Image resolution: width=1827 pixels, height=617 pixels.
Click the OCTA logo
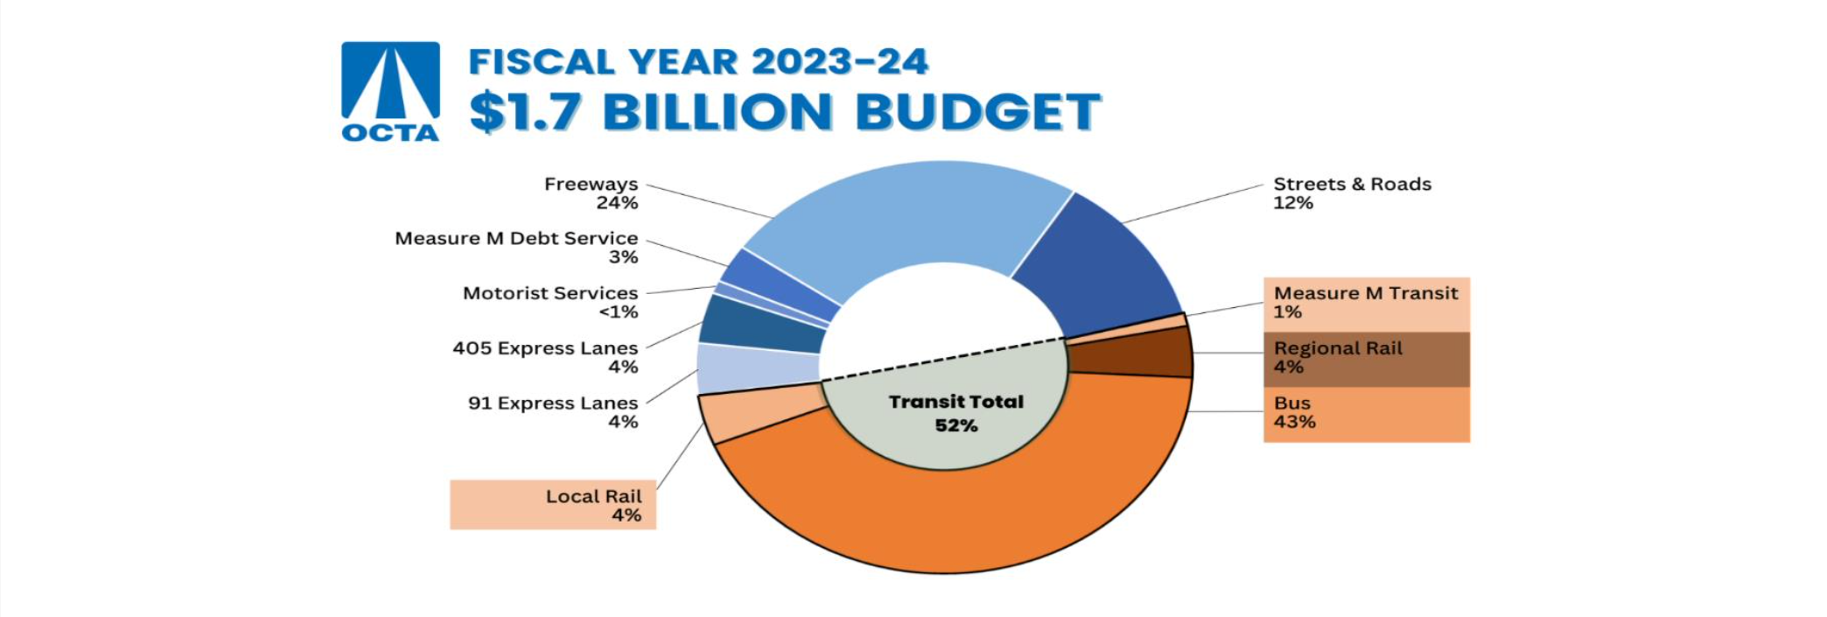pos(390,91)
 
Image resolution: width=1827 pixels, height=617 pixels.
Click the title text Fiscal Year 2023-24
pos(697,62)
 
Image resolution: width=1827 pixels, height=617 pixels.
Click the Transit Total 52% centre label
pos(955,413)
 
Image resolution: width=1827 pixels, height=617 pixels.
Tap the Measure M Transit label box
pos(1366,303)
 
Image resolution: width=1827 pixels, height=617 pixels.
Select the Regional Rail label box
pos(1366,358)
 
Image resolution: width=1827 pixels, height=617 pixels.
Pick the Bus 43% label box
pos(1366,413)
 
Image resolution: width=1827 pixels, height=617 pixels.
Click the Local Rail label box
pos(553,505)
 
